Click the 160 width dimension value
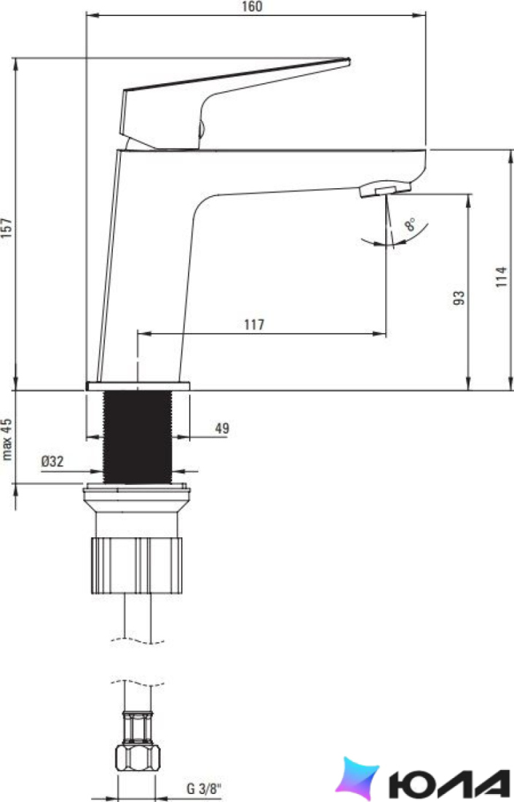point(251,6)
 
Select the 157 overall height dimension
point(7,228)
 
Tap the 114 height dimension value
point(502,276)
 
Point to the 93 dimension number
point(459,297)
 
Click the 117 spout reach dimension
point(254,324)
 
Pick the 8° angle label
point(410,225)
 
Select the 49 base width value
point(222,428)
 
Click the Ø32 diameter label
point(52,462)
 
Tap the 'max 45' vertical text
point(7,439)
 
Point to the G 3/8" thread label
point(204,788)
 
